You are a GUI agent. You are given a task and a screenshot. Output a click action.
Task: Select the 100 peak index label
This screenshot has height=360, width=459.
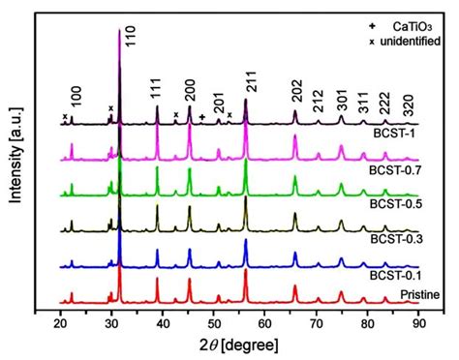77,98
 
